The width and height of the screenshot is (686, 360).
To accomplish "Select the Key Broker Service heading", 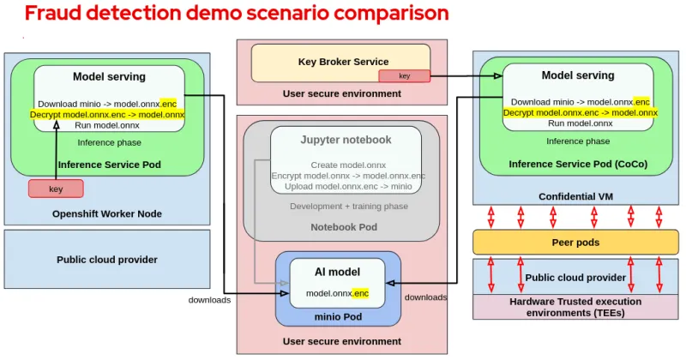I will click(343, 62).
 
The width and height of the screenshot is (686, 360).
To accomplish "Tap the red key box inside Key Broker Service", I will click(404, 76).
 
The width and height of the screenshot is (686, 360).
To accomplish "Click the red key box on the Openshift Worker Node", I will click(56, 189).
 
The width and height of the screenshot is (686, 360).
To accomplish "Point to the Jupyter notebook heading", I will click(346, 140).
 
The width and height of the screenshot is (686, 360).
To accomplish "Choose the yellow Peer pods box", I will click(575, 243).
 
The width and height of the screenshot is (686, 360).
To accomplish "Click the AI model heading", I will click(337, 273).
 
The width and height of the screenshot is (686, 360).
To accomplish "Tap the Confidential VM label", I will click(575, 196).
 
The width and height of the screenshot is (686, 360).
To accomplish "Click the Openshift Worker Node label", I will click(107, 213).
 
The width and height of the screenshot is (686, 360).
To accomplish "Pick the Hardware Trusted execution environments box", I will click(575, 307).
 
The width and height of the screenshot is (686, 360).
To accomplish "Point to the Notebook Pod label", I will click(343, 227).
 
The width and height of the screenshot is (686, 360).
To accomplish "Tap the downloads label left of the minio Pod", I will click(209, 300).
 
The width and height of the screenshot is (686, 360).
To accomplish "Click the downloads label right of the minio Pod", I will click(425, 297).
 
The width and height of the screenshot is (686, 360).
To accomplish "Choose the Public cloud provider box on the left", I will click(107, 259).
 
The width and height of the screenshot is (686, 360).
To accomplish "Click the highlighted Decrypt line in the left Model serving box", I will click(107, 114).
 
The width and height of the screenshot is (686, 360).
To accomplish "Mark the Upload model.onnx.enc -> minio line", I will click(347, 186).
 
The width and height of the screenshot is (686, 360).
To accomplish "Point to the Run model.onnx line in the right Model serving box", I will click(580, 123).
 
